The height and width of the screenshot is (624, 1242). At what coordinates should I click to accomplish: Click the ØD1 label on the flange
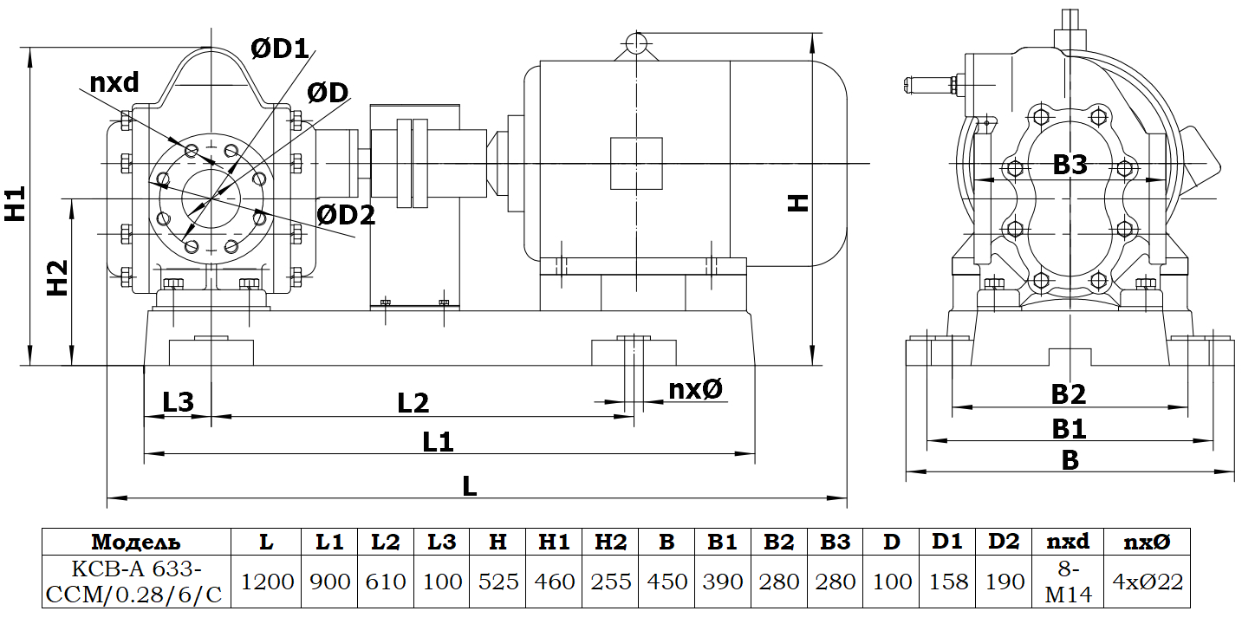(x=280, y=49)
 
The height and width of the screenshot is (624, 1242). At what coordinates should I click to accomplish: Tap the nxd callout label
(x=114, y=83)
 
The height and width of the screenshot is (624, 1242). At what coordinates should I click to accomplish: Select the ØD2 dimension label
(x=346, y=215)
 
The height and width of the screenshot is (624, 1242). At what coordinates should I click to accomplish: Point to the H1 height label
(x=15, y=203)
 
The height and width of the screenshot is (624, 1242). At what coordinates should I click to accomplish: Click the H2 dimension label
(x=57, y=276)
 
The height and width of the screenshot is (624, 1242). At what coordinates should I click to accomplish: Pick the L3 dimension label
(x=178, y=402)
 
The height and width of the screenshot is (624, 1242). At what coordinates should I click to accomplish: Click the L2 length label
(x=413, y=403)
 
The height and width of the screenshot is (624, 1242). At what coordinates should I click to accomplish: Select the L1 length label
(x=439, y=442)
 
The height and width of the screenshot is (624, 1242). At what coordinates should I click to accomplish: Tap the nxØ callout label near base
(x=695, y=390)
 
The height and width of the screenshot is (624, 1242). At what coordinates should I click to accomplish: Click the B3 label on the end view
(x=1070, y=166)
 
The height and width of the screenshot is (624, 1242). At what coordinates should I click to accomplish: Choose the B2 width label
(x=1069, y=395)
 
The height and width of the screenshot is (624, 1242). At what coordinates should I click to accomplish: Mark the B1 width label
(x=1069, y=429)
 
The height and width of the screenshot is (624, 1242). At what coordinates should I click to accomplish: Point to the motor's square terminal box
(x=636, y=163)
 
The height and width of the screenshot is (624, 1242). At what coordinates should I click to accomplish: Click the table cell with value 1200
(x=267, y=582)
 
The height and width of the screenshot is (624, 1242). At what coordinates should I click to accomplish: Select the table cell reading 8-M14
(x=1069, y=582)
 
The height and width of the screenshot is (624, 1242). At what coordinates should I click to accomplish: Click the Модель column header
(x=137, y=543)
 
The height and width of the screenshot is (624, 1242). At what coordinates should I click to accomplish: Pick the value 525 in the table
(x=497, y=582)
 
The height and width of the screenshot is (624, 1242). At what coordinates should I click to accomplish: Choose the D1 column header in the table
(x=947, y=543)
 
